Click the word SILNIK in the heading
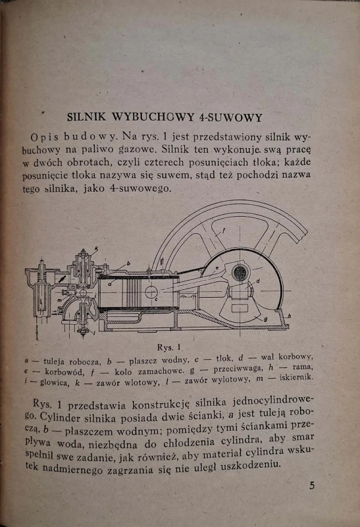pyautogui.click(x=86, y=117)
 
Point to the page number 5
pyautogui.click(x=312, y=485)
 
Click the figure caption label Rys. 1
pyautogui.click(x=169, y=347)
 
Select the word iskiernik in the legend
pyautogui.click(x=296, y=377)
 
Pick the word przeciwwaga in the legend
pyautogui.click(x=238, y=369)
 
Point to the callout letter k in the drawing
pyautogui.click(x=96, y=248)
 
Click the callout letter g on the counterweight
pyautogui.click(x=265, y=319)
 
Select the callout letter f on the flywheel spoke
pyautogui.click(x=223, y=231)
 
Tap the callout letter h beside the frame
pyautogui.click(x=289, y=316)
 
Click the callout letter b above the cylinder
pyautogui.click(x=128, y=263)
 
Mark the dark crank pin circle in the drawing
pyautogui.click(x=240, y=273)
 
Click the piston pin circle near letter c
pyautogui.click(x=151, y=291)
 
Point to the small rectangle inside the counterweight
pyautogui.click(x=240, y=308)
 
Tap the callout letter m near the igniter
pyautogui.click(x=59, y=300)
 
